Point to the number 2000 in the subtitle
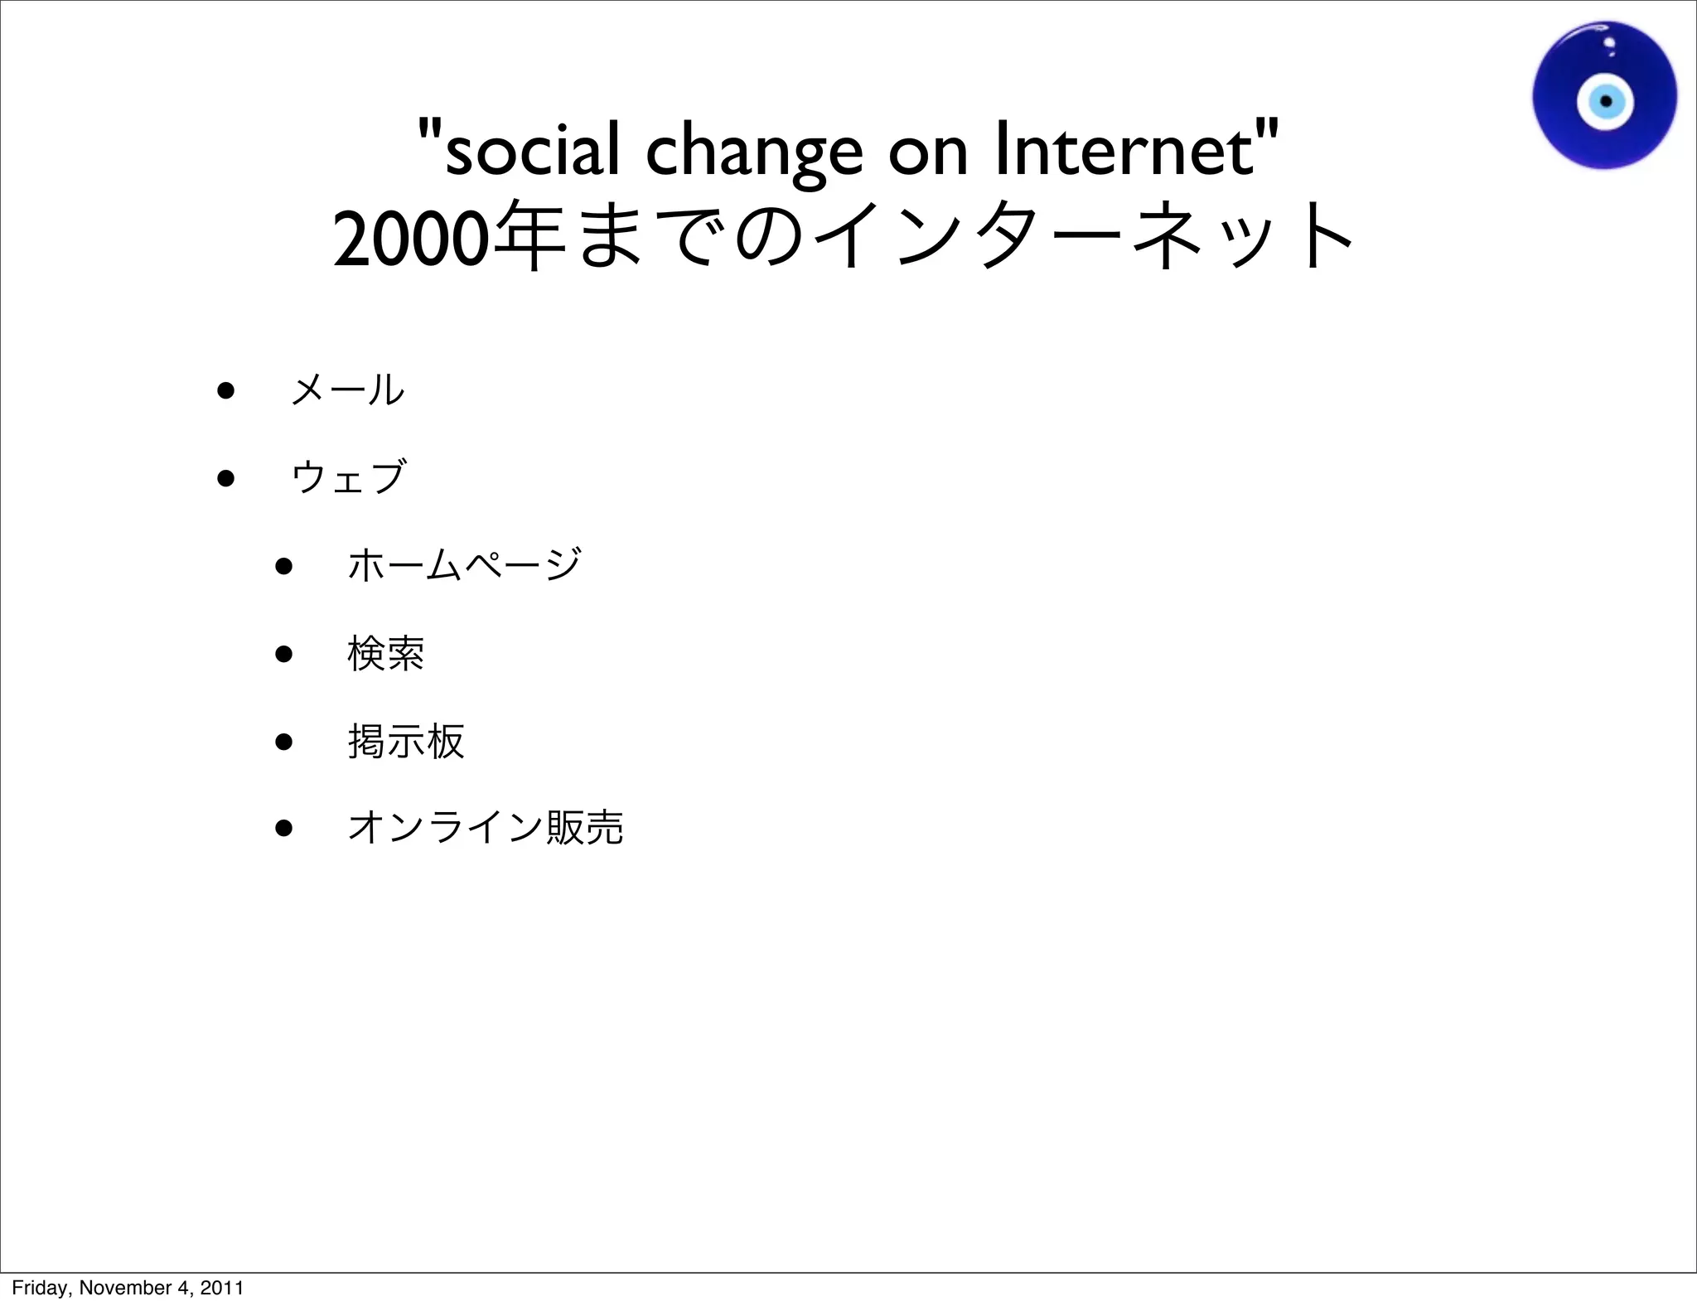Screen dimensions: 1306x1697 (x=407, y=239)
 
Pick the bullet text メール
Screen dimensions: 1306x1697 (x=348, y=389)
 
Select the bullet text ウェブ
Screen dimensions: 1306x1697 (x=348, y=477)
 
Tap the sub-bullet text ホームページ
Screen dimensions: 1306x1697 (x=464, y=565)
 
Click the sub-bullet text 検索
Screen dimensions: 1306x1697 (x=386, y=653)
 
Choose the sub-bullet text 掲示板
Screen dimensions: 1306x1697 (x=406, y=741)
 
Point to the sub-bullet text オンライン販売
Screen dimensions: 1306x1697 (x=486, y=828)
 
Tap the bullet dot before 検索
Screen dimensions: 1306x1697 (x=284, y=654)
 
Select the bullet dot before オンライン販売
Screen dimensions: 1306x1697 (x=284, y=829)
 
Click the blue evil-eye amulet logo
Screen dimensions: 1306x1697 (x=1603, y=96)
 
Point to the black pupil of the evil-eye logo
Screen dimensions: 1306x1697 (x=1606, y=102)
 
